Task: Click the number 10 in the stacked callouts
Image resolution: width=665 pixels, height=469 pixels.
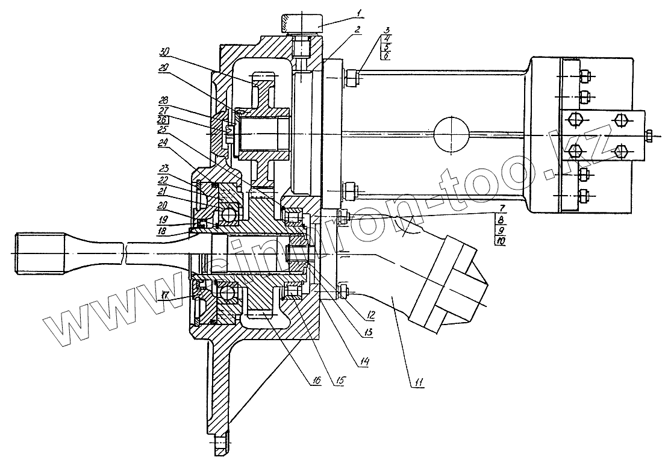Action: tap(501, 241)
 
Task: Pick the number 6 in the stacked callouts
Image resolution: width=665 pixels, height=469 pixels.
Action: tap(386, 55)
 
